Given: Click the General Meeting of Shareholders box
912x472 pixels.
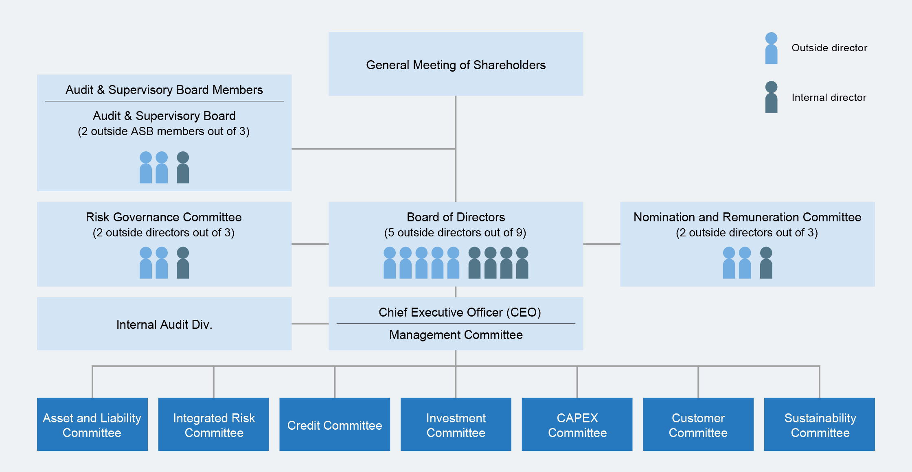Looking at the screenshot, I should [456, 64].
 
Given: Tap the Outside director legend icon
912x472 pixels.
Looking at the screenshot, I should [771, 48].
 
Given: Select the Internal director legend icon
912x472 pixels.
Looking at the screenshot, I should [771, 97].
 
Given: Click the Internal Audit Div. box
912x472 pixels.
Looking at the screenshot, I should [164, 324].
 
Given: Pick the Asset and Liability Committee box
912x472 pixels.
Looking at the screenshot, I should [92, 424].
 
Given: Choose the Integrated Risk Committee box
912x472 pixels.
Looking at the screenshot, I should [213, 424].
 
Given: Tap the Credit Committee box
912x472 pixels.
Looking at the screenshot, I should [334, 424].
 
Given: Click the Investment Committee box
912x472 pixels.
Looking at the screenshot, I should [456, 424].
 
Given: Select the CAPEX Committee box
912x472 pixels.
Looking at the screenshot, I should [577, 424].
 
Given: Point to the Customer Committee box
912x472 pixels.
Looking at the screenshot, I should [698, 424].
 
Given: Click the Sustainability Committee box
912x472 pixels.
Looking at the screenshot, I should [819, 424].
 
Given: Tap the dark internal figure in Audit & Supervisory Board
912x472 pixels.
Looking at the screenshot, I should [183, 168].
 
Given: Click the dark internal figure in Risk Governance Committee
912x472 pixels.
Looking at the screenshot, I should [183, 263].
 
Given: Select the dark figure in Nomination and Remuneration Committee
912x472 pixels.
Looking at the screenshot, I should [766, 263].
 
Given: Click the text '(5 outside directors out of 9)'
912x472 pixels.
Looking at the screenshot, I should [455, 233].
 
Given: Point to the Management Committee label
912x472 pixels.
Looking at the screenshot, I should [456, 335].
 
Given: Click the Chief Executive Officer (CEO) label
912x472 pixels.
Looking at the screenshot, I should [460, 312].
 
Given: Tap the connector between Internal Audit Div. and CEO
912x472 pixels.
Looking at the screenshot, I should [310, 324].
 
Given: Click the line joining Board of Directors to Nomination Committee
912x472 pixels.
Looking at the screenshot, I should [601, 244].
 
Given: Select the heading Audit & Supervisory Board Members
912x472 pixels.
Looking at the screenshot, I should [164, 90].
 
